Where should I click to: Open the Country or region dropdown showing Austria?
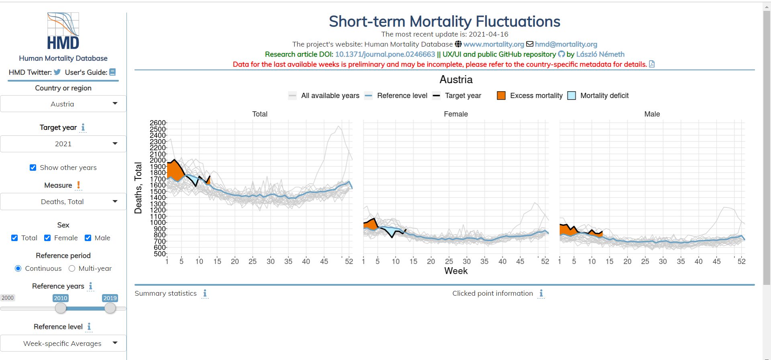pos(63,104)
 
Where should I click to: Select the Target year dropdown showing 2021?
pos(63,144)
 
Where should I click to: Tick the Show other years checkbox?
pos(33,168)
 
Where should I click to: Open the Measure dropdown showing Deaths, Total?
pos(63,202)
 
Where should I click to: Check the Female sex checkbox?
pos(47,238)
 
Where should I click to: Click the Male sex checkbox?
pos(88,238)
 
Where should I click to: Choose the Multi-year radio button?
pos(72,268)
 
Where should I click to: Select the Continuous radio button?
pos(18,268)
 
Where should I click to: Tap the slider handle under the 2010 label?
pos(61,308)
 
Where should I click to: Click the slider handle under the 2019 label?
pos(110,308)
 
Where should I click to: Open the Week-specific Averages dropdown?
pos(63,344)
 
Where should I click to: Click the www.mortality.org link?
pos(494,44)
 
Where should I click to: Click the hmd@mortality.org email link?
pos(566,44)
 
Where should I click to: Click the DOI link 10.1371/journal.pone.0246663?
pos(385,54)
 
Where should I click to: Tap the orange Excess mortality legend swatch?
pos(501,96)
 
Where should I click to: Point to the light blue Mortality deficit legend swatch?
pos(571,96)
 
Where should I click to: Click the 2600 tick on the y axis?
pos(157,123)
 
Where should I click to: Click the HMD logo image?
pos(63,31)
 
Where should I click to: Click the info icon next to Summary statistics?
pos(205,293)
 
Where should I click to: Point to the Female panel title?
pos(456,114)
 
